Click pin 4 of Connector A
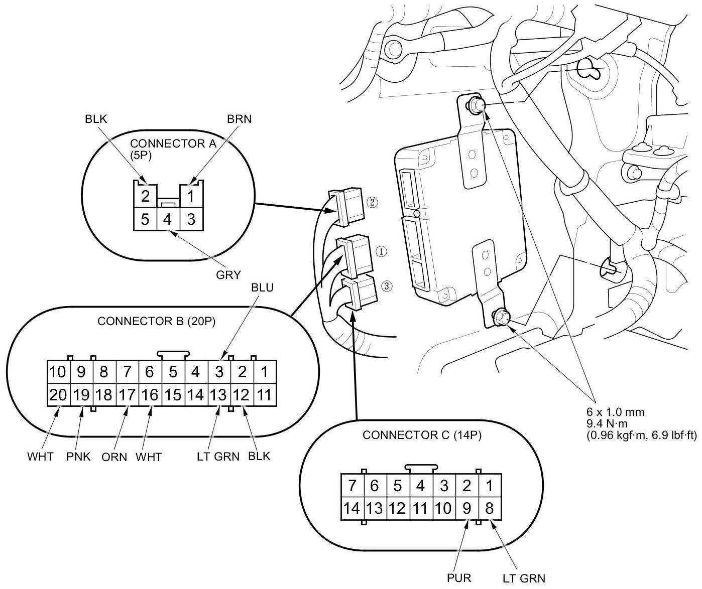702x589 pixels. pyautogui.click(x=168, y=220)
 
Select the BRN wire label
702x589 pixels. pyautogui.click(x=239, y=119)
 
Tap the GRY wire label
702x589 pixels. pyautogui.click(x=228, y=275)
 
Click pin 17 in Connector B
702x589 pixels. pyautogui.click(x=127, y=395)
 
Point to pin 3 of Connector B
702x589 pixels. pyautogui.click(x=219, y=372)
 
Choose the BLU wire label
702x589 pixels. pyautogui.click(x=262, y=287)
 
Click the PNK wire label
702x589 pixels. pyautogui.click(x=78, y=457)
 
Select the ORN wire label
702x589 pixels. pyautogui.click(x=114, y=457)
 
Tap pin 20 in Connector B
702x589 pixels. pyautogui.click(x=58, y=395)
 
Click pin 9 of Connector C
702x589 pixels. pyautogui.click(x=466, y=509)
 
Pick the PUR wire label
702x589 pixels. pyautogui.click(x=459, y=578)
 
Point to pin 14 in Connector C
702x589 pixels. pyautogui.click(x=352, y=509)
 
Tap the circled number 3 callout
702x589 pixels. pyautogui.click(x=386, y=286)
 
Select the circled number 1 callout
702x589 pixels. pyautogui.click(x=382, y=251)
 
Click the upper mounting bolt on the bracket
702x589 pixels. pyautogui.click(x=477, y=105)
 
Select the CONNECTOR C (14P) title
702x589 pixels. pyautogui.click(x=422, y=435)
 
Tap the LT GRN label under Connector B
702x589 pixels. pyautogui.click(x=218, y=457)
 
